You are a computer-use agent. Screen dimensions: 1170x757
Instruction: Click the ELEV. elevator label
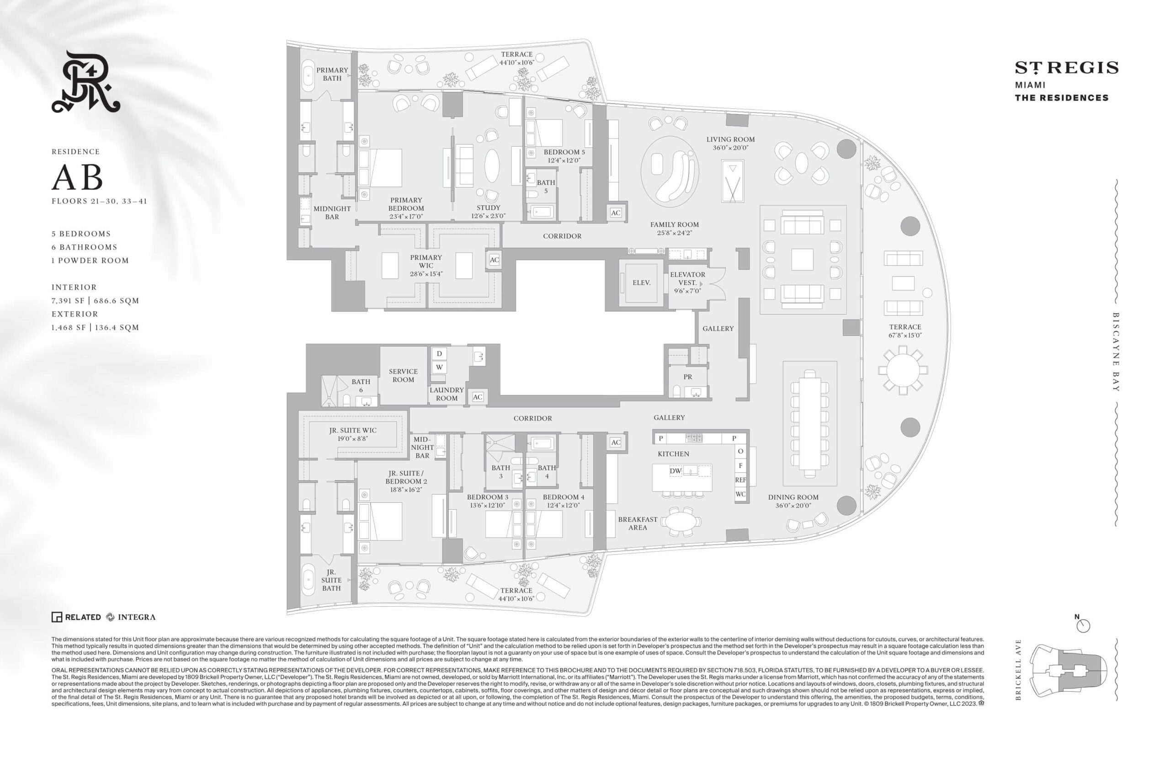point(641,283)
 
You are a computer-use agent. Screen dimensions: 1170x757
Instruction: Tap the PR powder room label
point(687,377)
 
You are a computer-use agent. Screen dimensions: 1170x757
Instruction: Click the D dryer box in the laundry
point(439,353)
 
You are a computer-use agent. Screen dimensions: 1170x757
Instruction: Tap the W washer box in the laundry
point(439,367)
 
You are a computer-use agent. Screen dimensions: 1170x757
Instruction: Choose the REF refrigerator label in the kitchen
point(740,480)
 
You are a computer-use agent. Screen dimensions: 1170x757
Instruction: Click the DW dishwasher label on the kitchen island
point(675,471)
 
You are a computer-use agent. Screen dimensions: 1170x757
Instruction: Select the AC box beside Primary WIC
point(495,260)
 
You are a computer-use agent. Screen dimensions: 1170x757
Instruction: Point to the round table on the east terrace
point(903,370)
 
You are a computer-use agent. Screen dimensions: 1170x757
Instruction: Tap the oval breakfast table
point(681,522)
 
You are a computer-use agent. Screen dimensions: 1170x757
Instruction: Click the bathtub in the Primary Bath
point(308,76)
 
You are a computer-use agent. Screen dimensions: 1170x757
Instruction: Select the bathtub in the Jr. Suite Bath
point(308,579)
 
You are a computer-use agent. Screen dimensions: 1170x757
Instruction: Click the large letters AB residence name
point(77,177)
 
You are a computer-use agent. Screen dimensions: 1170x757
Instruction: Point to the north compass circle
point(1083,626)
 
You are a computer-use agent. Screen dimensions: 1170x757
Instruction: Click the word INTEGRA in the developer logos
point(137,617)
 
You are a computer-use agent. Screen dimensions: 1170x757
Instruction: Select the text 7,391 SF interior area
point(68,301)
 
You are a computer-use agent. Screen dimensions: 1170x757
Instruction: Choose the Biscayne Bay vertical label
point(1116,352)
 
